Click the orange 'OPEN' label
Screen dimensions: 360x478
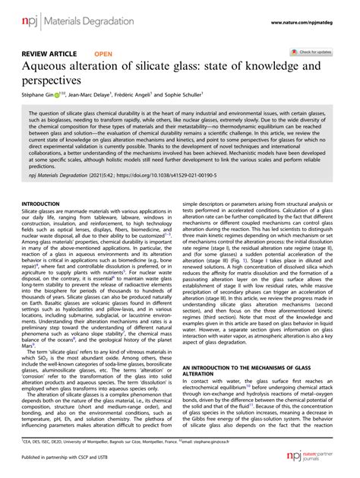[104, 55]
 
